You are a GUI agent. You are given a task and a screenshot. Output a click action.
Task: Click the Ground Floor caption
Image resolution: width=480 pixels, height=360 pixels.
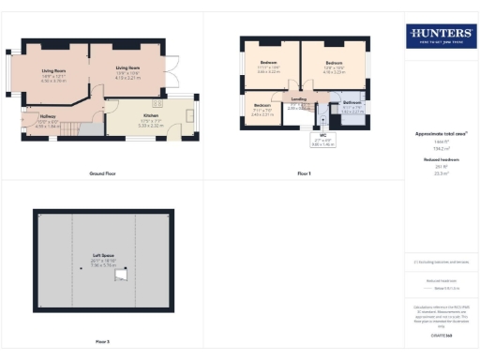coord(101,174)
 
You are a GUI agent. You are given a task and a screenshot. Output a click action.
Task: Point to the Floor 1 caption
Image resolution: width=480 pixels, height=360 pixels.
coord(304,174)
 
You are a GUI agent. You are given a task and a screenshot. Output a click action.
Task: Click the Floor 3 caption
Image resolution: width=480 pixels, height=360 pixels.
coord(101,341)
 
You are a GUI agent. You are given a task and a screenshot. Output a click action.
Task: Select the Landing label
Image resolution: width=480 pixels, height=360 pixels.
coord(299,99)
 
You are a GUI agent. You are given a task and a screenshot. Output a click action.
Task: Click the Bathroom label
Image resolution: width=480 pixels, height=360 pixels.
coord(352,104)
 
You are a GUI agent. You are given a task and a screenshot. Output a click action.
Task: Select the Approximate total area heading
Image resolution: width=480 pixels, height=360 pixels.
coord(440,134)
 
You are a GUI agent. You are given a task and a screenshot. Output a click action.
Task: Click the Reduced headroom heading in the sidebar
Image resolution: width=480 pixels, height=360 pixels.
coord(440,160)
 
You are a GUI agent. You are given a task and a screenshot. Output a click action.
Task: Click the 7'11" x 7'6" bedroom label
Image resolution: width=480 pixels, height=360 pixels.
coord(262,110)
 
